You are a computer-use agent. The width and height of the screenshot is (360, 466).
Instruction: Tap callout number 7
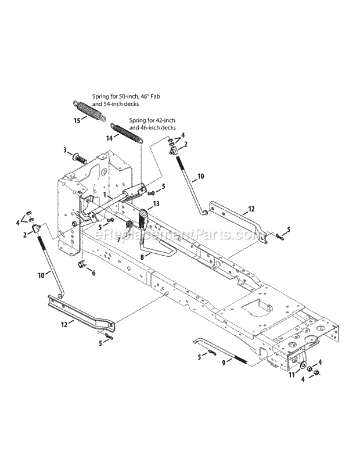click(118, 239)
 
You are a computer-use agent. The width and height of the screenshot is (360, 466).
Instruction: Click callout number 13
click(156, 205)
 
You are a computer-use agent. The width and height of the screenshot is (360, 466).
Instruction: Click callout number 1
click(105, 195)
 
